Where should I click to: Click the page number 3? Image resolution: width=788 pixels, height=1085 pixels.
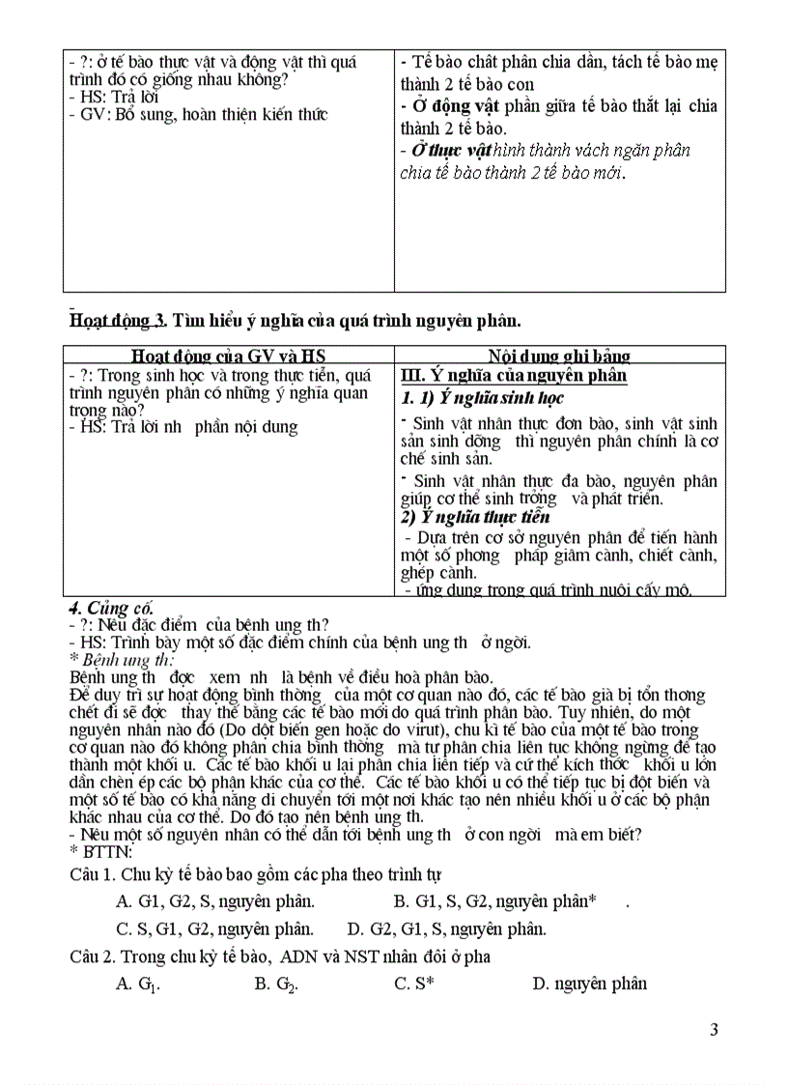pos(714,1029)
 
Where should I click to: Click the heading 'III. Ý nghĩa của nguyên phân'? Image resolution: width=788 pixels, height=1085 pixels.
pos(514,375)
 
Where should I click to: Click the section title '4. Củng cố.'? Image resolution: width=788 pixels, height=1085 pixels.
pos(111,608)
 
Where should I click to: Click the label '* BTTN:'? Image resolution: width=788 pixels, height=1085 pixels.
pos(101,850)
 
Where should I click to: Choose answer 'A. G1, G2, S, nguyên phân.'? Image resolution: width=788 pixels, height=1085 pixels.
pos(214,901)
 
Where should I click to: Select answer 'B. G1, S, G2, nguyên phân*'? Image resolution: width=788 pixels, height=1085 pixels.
pos(494,901)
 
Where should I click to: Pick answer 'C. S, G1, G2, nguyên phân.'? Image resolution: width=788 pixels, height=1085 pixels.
pos(214,929)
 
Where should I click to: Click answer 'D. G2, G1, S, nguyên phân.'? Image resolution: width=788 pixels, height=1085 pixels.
pos(447,929)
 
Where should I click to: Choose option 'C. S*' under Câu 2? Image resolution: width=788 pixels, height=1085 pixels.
pos(414,984)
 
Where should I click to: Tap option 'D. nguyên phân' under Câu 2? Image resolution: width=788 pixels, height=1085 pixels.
pos(589,984)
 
